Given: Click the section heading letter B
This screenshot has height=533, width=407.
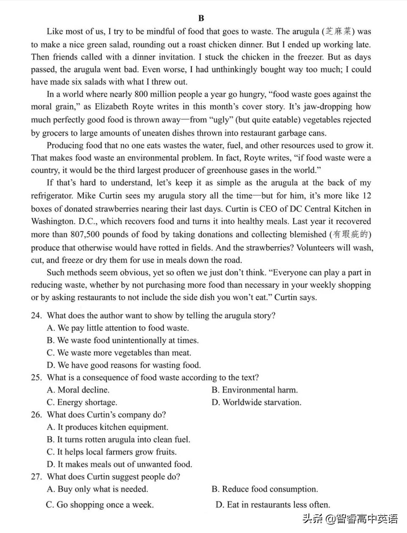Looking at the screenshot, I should click(x=201, y=19).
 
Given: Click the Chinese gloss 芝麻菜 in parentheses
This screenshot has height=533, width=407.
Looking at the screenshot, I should click(x=340, y=31).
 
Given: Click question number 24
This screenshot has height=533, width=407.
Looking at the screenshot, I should click(x=36, y=316).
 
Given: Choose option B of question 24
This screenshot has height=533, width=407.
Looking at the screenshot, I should click(x=123, y=341).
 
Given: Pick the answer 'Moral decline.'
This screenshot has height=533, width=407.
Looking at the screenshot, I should click(x=78, y=390).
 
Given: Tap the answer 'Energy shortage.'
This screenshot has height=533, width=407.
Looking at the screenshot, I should click(x=82, y=402).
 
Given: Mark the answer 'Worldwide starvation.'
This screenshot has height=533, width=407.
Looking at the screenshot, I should click(x=257, y=402).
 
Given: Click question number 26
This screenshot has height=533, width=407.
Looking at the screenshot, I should click(x=36, y=415).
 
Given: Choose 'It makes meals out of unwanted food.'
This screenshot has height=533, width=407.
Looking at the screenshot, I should click(x=119, y=465).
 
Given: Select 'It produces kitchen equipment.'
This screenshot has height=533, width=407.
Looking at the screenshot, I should click(x=108, y=427).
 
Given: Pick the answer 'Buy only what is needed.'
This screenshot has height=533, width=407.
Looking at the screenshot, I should click(x=97, y=489).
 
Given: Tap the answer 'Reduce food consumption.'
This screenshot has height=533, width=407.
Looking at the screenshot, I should click(x=265, y=489).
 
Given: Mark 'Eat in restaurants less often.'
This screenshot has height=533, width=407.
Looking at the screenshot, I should click(x=273, y=505).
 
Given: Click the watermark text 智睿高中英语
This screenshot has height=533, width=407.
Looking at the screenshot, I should click(x=367, y=519).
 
